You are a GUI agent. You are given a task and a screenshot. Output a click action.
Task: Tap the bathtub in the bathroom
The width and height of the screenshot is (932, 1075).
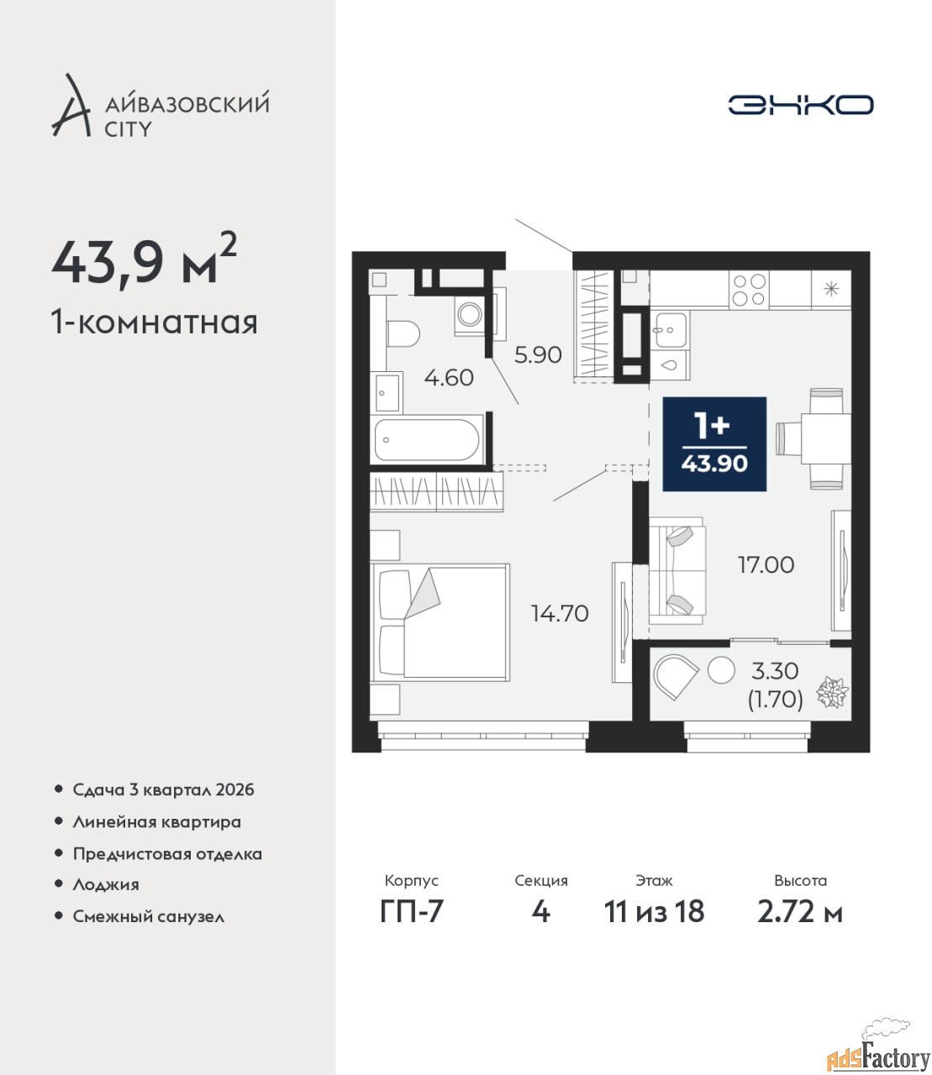pos(427,439)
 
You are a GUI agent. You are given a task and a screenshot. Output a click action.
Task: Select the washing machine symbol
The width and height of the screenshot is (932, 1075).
pos(471,315)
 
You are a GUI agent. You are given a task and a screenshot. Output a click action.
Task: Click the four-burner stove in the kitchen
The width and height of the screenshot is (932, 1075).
pos(750,291)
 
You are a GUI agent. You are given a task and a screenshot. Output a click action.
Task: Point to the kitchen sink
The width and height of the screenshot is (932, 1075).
pos(671,330)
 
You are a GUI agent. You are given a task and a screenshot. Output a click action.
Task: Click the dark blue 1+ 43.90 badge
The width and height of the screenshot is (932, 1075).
pos(714,443)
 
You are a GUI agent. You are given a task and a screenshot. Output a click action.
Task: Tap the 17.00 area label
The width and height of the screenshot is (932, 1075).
pos(766,565)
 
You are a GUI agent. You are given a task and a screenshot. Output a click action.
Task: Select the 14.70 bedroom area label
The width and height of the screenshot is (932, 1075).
pos(560,614)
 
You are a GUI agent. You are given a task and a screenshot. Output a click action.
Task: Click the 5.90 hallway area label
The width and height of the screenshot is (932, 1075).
pos(538,355)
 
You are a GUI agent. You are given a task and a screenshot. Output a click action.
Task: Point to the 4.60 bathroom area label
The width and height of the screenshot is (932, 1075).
pos(449,378)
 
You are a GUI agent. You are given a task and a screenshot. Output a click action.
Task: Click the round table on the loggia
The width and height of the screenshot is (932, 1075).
pos(721,670)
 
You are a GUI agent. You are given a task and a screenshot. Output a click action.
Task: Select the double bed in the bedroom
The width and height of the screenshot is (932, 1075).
pos(440,622)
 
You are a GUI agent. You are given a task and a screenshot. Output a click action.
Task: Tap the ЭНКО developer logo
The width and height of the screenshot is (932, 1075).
pos(800,104)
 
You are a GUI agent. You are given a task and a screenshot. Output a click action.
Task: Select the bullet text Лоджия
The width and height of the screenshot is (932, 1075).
pos(106,884)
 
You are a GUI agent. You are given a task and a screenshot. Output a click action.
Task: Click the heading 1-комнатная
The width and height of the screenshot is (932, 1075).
pos(155,322)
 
